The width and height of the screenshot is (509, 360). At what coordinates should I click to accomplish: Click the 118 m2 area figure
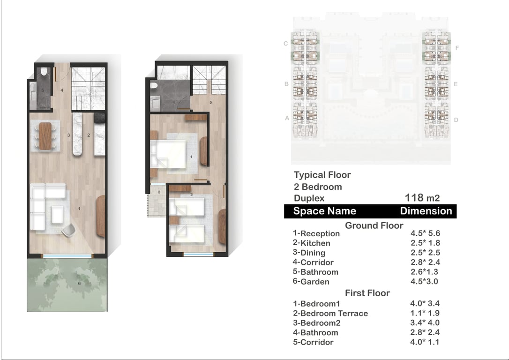click(422, 198)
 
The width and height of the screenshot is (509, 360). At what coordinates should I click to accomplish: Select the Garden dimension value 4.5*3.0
click(424, 281)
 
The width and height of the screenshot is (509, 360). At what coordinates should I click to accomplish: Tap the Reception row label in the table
click(316, 233)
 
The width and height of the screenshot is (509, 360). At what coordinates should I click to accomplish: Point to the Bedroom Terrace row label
click(330, 313)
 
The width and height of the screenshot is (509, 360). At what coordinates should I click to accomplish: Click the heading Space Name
click(325, 211)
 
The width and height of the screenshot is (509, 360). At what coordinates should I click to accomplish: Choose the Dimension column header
click(426, 211)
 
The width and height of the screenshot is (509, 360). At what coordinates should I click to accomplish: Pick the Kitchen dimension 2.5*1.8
click(425, 243)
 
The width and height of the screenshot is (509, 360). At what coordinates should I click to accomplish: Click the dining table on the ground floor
click(45, 136)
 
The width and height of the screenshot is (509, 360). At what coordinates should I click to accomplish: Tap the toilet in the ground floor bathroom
click(44, 71)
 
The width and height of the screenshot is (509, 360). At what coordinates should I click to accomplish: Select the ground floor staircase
click(88, 89)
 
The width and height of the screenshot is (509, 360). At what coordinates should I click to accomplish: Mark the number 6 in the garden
click(79, 284)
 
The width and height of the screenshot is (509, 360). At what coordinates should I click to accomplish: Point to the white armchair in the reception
click(68, 230)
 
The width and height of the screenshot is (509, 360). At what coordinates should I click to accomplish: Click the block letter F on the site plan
click(457, 48)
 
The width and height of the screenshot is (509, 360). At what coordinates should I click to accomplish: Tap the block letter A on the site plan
click(287, 118)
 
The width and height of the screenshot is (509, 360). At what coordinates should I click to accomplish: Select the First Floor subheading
click(367, 293)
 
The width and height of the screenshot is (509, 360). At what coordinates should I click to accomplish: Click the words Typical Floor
click(322, 175)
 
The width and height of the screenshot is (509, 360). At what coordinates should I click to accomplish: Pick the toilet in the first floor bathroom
click(154, 85)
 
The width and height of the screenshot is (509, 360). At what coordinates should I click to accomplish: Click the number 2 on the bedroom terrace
click(159, 192)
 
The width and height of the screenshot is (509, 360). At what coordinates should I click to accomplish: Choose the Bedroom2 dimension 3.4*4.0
click(425, 322)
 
